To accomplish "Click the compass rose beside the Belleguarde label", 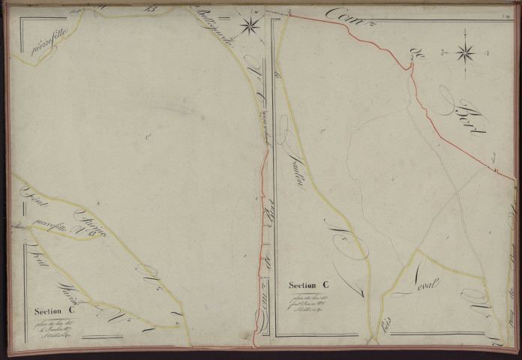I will pos(250,25).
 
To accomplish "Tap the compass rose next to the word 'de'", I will pos(466,52).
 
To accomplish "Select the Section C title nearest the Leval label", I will pos(309,285).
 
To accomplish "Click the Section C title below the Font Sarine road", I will pos(54,310).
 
